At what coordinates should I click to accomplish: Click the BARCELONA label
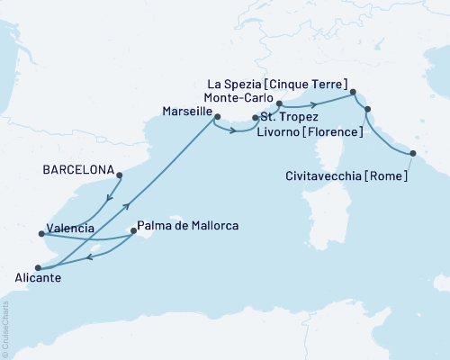(x=78, y=169)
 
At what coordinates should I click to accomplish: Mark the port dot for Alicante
(x=38, y=267)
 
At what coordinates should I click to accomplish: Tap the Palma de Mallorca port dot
(x=133, y=230)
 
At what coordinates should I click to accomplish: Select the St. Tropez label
(x=290, y=117)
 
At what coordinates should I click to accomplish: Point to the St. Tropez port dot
(x=256, y=117)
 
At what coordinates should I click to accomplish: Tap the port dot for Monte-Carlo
(x=279, y=103)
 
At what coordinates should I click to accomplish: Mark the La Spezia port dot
(x=353, y=92)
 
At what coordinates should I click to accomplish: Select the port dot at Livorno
(x=366, y=111)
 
